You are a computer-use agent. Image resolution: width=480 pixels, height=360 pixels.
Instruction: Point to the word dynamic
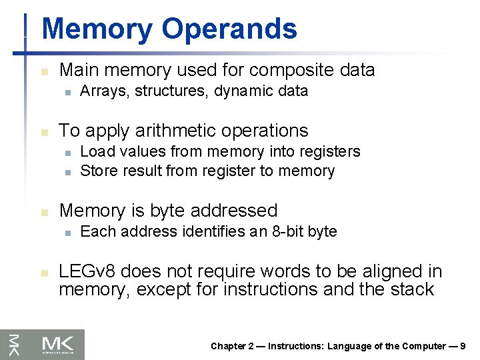click(x=243, y=91)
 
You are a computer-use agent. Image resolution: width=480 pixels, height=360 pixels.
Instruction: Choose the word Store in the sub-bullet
click(x=95, y=171)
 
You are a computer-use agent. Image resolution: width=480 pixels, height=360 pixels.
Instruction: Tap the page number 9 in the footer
click(x=462, y=346)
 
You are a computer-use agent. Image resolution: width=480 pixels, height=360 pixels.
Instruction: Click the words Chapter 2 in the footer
click(x=232, y=346)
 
